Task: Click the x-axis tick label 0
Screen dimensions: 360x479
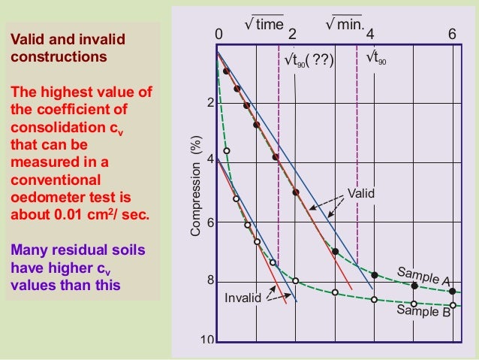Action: tap(218, 34)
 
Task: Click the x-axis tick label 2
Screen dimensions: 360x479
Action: tap(292, 34)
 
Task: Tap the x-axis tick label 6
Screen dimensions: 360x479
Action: tap(451, 34)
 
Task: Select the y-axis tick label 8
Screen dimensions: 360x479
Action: tap(211, 280)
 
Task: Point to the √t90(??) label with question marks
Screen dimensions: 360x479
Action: tap(308, 59)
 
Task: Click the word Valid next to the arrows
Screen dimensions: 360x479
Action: tap(360, 194)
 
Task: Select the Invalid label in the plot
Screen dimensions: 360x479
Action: tap(243, 298)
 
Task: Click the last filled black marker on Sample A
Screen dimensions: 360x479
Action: tap(451, 291)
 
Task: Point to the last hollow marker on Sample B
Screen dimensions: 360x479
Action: tap(451, 304)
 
